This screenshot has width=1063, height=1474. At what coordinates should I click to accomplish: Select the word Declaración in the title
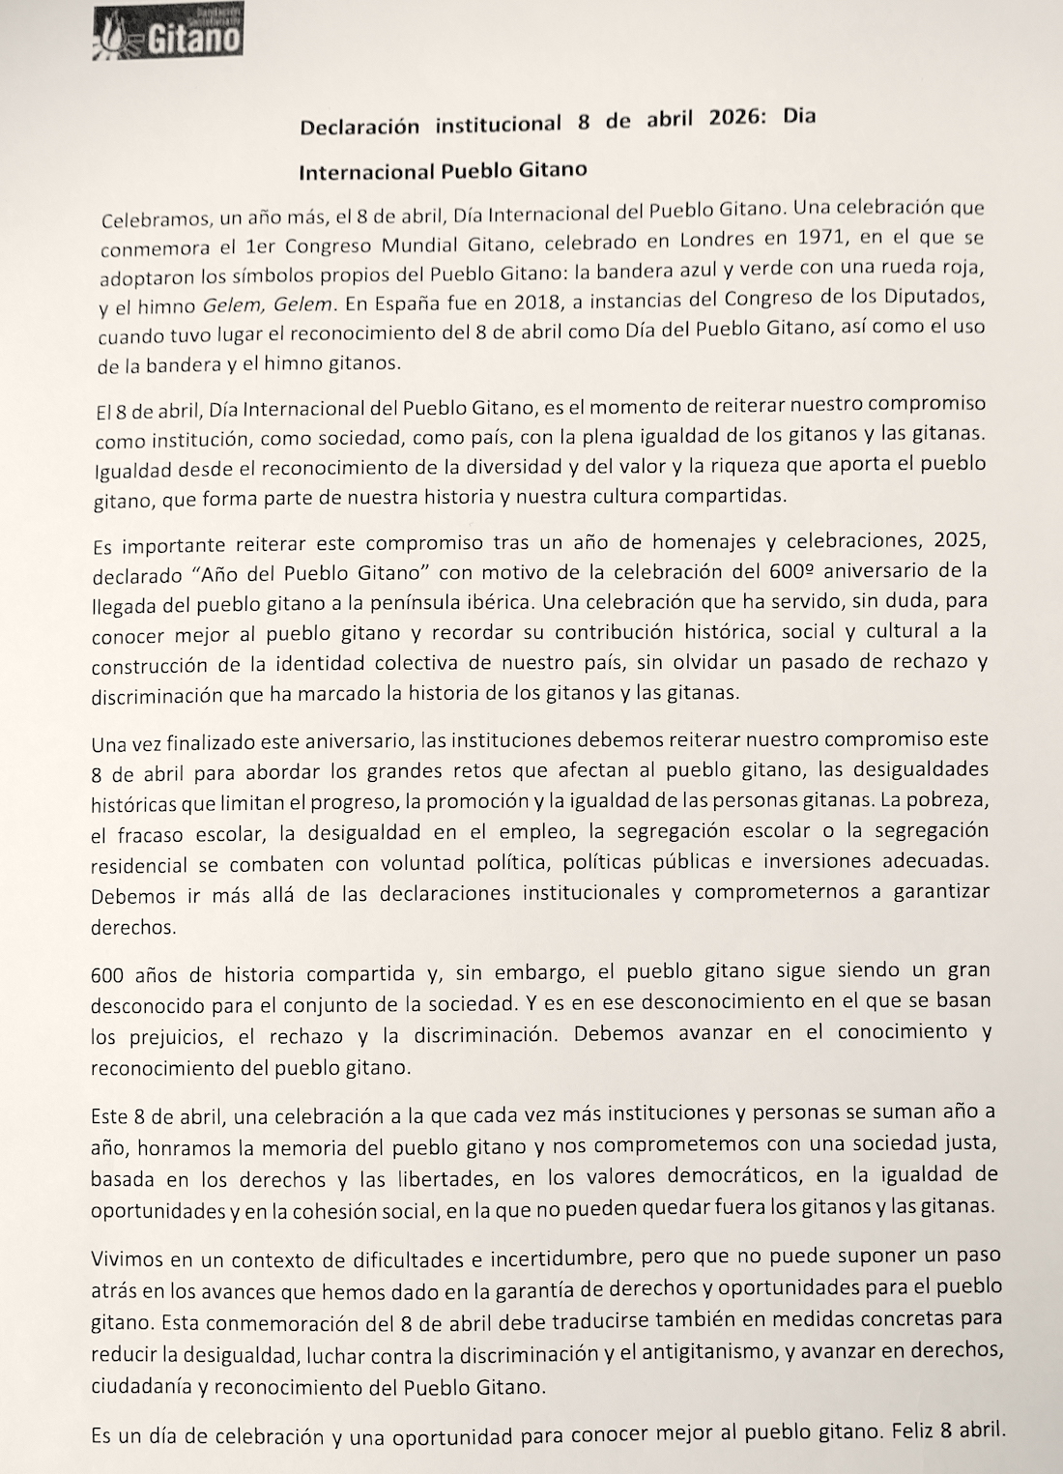click(x=359, y=126)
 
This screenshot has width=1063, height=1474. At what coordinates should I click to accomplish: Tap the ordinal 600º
click(x=804, y=568)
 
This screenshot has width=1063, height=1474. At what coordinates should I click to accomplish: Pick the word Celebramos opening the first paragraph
click(x=153, y=219)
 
